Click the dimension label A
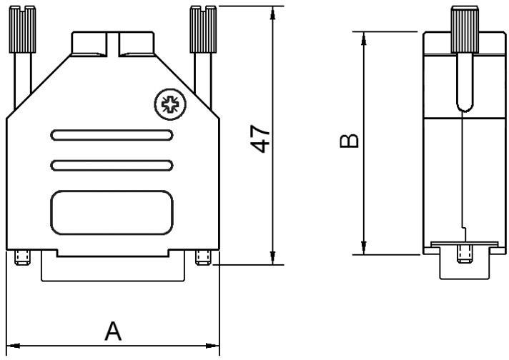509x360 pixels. point(113,331)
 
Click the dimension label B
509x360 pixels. point(348,141)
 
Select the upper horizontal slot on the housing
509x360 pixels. point(111,135)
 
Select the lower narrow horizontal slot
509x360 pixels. point(111,166)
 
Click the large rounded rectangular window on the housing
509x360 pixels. point(111,212)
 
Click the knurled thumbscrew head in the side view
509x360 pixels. point(463,29)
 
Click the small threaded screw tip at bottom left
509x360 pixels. point(21,257)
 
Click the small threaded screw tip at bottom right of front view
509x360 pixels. point(202,257)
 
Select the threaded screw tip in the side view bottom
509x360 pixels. point(463,253)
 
